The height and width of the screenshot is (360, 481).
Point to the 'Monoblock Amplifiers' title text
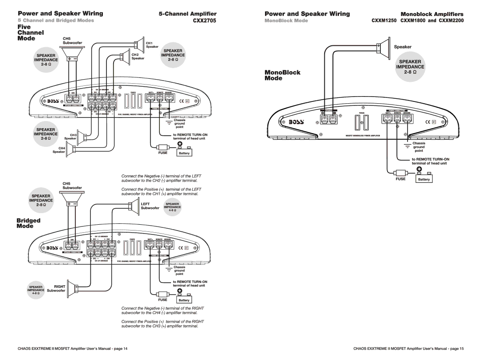438,14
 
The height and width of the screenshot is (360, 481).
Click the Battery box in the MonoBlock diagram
424,179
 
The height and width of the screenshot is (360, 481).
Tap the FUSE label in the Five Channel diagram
162,153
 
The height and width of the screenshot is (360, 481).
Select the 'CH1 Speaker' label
152,44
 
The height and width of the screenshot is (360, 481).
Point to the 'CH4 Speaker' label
59,150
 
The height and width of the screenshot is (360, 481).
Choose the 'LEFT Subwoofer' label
150,206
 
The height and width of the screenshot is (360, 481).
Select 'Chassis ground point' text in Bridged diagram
179,271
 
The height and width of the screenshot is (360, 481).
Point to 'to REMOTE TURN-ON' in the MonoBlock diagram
430,159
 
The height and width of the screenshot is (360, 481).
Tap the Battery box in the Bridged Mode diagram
184,300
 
